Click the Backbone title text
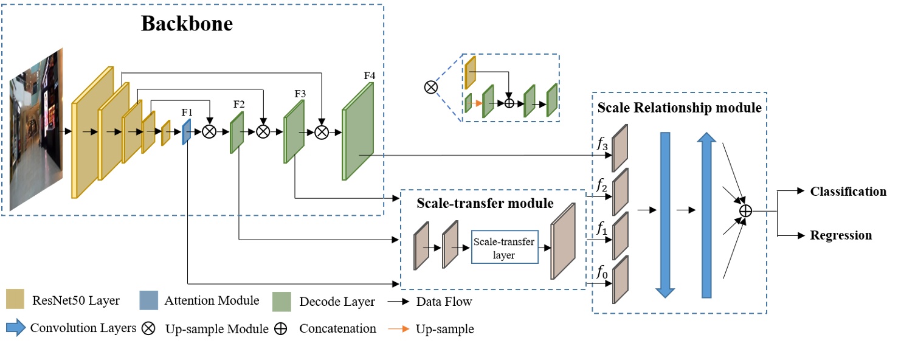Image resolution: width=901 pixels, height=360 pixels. point(187,24)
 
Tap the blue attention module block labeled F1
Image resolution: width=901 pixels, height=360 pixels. point(187,132)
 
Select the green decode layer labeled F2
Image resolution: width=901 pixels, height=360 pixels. point(236,133)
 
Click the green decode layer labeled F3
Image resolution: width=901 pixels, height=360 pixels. point(294,131)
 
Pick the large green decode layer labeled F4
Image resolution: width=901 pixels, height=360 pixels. point(358,133)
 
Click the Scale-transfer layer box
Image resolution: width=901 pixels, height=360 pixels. point(505,247)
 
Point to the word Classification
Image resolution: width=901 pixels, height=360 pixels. point(848,192)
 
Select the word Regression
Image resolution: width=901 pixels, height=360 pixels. point(841,235)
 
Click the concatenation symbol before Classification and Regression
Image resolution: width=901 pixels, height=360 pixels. point(745,210)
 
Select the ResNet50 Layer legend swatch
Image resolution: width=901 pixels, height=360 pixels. point(15,300)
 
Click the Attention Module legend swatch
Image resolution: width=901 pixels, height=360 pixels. point(148,300)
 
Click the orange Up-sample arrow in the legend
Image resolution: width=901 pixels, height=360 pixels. point(399,329)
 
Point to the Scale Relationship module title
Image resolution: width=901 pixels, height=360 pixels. point(679,108)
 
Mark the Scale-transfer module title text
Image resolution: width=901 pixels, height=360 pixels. point(485,203)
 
